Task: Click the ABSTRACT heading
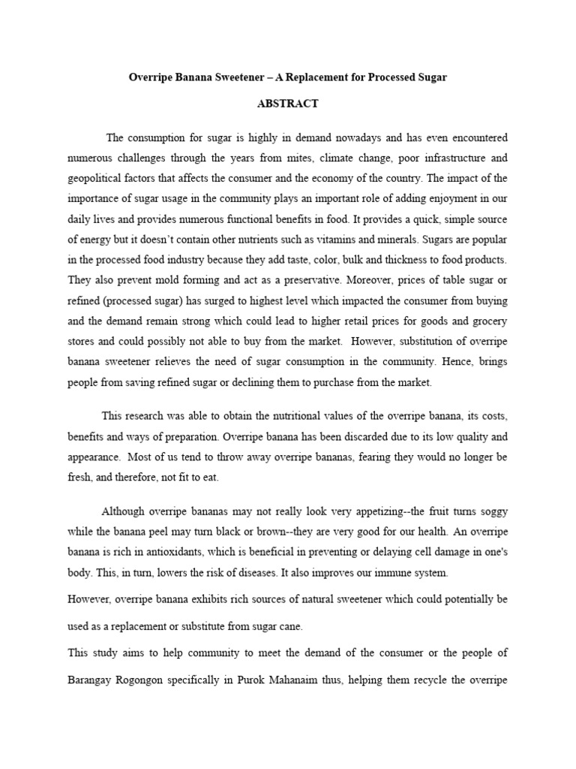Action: click(x=288, y=104)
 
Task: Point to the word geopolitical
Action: click(x=96, y=179)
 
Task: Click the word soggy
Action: click(x=490, y=511)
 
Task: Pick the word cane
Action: click(x=295, y=626)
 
